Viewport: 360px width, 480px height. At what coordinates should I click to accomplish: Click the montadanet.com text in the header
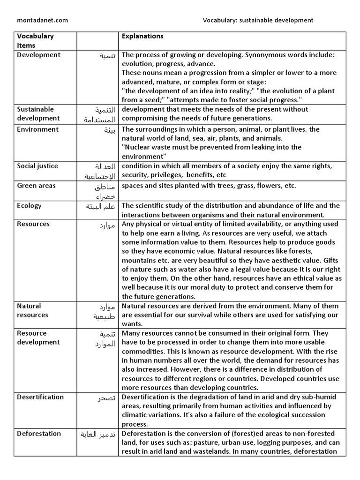click(x=42, y=20)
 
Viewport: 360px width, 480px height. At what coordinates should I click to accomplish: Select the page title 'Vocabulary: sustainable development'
click(x=258, y=20)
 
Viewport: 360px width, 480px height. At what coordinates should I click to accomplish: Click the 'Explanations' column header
click(x=142, y=36)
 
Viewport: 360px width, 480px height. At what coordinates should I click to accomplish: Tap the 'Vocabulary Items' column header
click(x=35, y=41)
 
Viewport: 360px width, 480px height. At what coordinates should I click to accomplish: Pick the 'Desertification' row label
click(x=40, y=397)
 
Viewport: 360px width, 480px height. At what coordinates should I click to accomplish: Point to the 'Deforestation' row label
click(x=39, y=434)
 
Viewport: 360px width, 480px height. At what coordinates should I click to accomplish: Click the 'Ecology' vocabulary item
click(x=29, y=206)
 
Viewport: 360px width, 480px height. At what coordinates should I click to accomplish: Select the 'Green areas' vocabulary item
click(x=36, y=186)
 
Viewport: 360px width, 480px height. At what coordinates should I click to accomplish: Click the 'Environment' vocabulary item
click(x=37, y=129)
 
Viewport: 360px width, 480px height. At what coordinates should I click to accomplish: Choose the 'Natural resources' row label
click(x=32, y=310)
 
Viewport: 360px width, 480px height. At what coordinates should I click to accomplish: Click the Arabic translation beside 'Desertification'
click(x=105, y=398)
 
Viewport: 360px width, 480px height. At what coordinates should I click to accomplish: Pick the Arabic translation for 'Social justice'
click(x=100, y=171)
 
